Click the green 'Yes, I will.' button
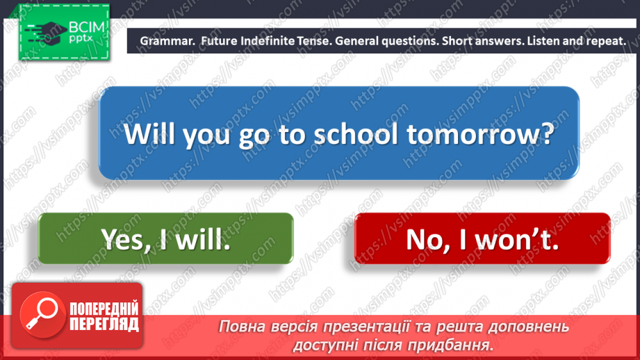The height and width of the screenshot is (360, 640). click(165, 239)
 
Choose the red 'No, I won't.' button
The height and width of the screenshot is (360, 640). click(482, 239)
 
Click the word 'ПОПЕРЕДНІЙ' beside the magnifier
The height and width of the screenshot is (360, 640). click(104, 309)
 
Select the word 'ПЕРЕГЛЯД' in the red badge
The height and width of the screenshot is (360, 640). click(104, 324)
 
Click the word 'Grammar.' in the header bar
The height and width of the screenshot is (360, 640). click(167, 41)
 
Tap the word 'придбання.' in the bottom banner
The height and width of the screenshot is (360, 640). click(461, 344)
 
